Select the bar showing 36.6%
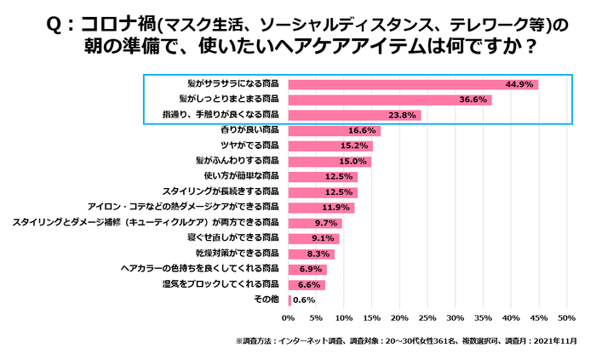(x=389, y=100)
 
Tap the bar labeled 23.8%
(x=354, y=115)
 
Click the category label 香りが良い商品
(x=249, y=130)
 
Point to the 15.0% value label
(x=352, y=161)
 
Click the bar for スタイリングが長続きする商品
(x=323, y=191)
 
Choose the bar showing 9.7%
(x=315, y=222)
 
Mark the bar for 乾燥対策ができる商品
(x=311, y=253)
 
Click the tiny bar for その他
(x=290, y=300)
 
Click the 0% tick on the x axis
(x=289, y=318)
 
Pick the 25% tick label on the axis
(x=427, y=318)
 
